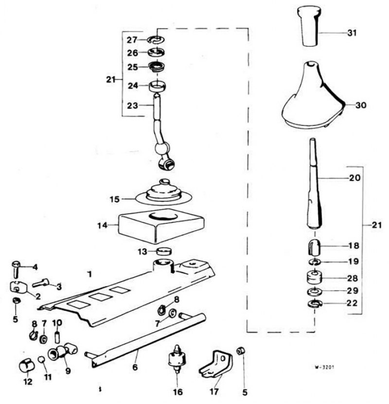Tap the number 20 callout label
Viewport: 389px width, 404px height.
click(354, 178)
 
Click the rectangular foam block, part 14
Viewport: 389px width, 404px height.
click(161, 226)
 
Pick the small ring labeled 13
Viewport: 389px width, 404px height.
click(164, 251)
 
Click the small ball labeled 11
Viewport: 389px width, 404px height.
click(41, 359)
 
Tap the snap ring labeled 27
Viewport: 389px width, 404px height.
click(156, 40)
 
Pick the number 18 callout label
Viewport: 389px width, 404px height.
click(354, 246)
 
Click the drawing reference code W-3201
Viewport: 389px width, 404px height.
click(324, 367)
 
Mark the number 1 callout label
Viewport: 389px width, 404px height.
click(89, 274)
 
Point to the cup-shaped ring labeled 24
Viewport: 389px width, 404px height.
click(158, 87)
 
